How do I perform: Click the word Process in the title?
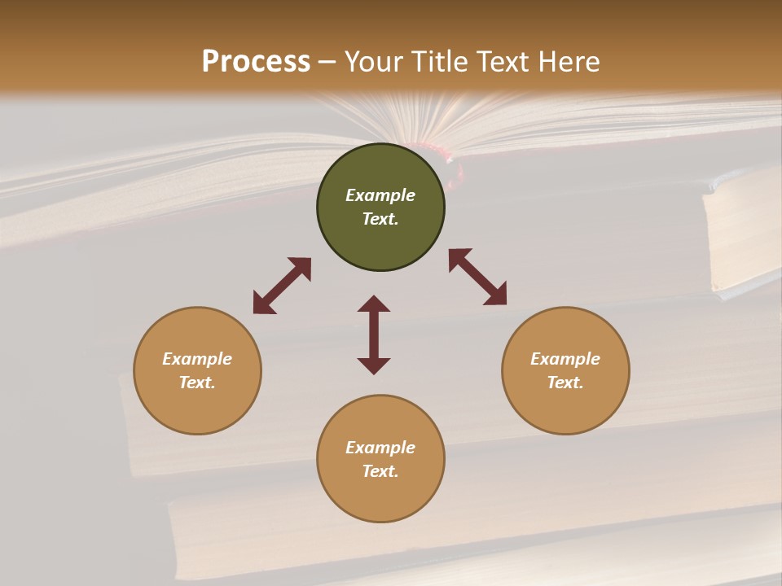click(256, 62)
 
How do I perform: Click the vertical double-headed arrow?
click(374, 335)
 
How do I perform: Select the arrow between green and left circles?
click(282, 286)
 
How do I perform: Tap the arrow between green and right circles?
click(478, 277)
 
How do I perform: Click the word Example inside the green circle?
click(380, 195)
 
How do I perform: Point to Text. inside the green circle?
click(380, 219)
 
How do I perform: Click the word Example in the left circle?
click(197, 359)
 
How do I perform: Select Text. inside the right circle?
click(565, 383)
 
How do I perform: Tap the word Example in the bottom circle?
click(380, 448)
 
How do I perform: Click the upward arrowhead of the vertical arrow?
click(374, 303)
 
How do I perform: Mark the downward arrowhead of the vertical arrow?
click(374, 365)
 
